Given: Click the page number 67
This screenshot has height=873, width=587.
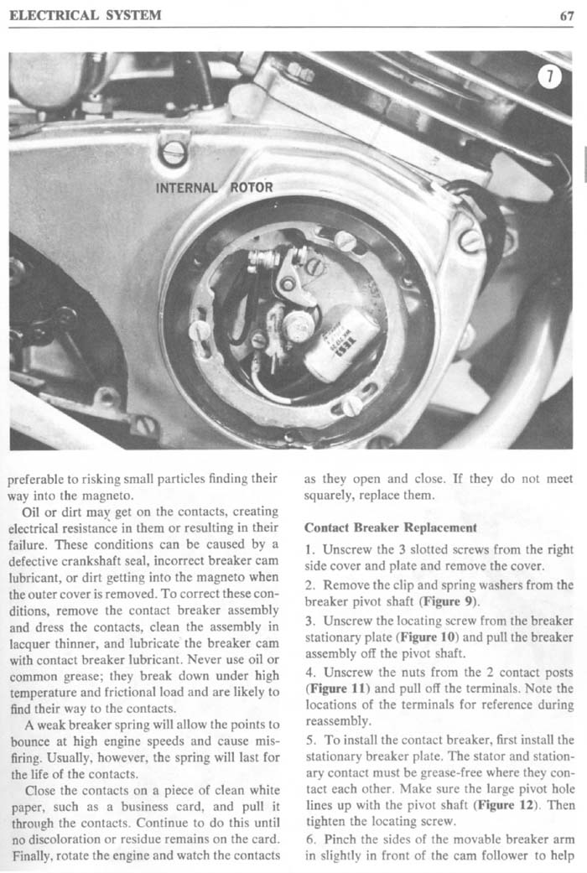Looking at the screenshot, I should tap(566, 15).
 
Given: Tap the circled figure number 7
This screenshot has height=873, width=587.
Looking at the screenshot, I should tap(548, 78).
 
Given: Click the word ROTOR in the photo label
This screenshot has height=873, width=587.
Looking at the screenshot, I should tap(252, 186).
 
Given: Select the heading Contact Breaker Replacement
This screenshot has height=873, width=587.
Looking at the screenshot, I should tap(391, 528).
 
